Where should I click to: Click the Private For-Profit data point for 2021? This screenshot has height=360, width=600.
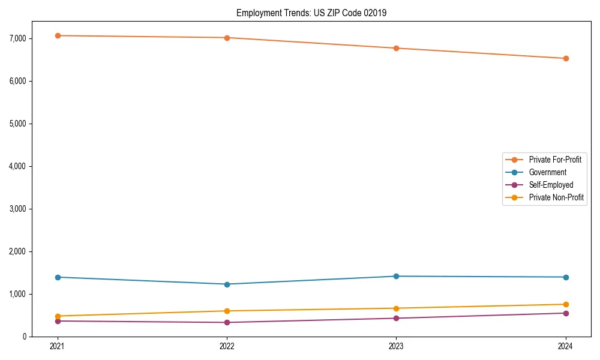[58, 35]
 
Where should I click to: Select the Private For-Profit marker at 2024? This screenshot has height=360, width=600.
[566, 58]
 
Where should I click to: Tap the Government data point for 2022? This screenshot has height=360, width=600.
[227, 284]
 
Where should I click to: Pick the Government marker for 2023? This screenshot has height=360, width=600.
[396, 276]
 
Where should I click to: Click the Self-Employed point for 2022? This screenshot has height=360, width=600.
[227, 322]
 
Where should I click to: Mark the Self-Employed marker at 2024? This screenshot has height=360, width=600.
[566, 313]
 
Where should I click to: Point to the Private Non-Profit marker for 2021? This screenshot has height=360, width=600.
[58, 316]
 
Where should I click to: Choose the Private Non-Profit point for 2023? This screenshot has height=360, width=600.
[396, 308]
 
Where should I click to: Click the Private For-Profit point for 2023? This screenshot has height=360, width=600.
[396, 48]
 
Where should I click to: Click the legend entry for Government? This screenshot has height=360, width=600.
[547, 172]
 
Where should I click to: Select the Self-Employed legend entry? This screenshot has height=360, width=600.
[551, 185]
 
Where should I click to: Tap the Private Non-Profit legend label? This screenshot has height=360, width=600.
[556, 197]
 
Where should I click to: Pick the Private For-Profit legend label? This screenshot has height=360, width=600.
[555, 160]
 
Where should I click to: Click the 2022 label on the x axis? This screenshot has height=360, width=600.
[227, 346]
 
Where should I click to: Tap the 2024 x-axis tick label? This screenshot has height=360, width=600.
[566, 346]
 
